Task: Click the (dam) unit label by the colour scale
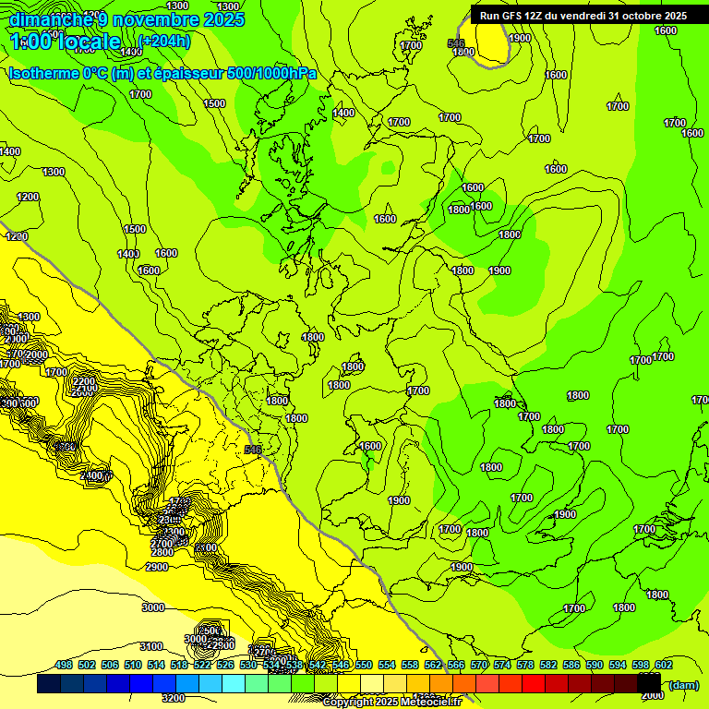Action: coord(682,684)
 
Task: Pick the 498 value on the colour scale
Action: coord(64,665)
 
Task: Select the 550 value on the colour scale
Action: coord(364,665)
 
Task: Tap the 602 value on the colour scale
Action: coord(664,665)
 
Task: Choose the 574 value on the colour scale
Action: coord(502,665)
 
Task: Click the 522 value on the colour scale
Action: coord(202,665)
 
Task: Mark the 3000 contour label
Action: coord(153,607)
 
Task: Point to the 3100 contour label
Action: coord(151,646)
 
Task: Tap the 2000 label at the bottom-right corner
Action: coord(652,695)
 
